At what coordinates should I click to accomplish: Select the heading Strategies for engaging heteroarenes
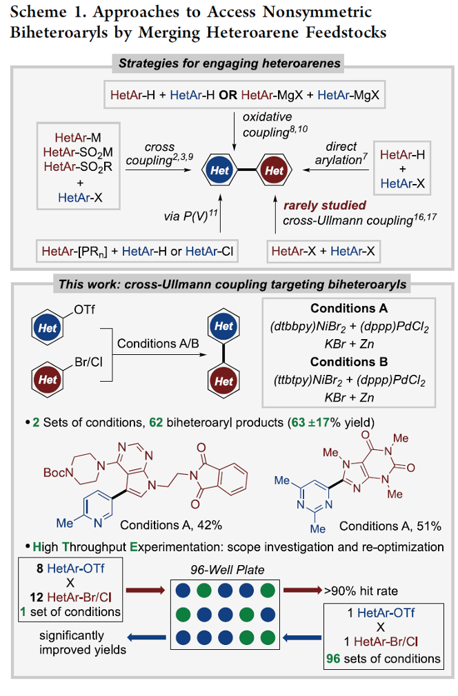[x=230, y=64]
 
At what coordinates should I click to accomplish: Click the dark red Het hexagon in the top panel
[x=274, y=170]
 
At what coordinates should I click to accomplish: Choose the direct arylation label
[x=337, y=153]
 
